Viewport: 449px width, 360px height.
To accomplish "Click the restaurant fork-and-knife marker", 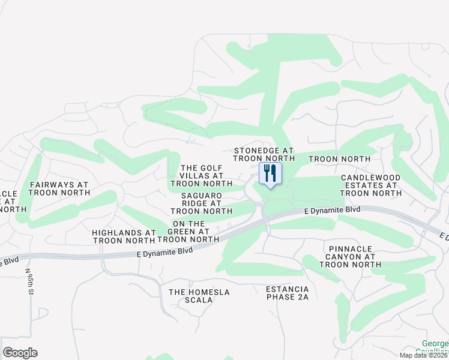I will pos(270,174).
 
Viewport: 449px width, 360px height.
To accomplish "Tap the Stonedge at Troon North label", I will pos(264,154).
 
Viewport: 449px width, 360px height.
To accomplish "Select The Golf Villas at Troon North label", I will pos(201,176).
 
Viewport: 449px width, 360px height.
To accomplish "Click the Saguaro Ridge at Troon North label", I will pos(201,203).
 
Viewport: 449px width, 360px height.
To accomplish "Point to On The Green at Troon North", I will pos(188,231).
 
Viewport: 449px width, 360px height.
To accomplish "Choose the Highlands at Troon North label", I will pos(124,236).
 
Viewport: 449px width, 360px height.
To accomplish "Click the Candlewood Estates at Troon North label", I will pos(370,185).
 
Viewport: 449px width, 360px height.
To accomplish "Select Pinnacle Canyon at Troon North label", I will pos(352,256).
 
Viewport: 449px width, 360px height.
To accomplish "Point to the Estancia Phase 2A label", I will pos(288,293).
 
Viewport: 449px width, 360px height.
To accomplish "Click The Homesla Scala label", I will pos(199,296).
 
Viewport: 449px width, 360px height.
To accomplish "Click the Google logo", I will pos(20,353).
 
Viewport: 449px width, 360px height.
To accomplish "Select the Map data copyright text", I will pos(424,355).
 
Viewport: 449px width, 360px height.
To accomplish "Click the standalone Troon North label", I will pos(339,158).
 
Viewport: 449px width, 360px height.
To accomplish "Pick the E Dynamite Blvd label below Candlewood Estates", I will pos(332,210).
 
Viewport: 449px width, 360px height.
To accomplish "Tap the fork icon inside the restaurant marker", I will pos(266,173).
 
